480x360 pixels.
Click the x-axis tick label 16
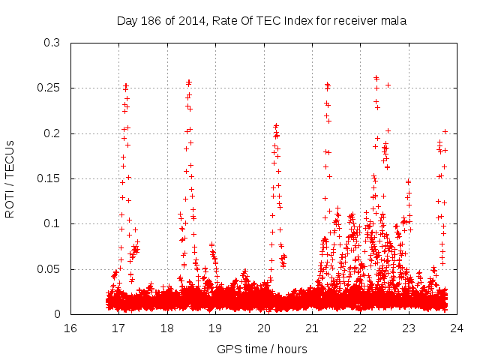coord(70,328)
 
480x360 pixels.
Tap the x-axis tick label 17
coord(118,328)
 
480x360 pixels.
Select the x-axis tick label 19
coord(215,328)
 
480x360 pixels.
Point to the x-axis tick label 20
coord(263,328)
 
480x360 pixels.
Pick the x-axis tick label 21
coord(312,328)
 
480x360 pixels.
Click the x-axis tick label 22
coord(360,328)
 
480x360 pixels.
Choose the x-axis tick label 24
coord(457,328)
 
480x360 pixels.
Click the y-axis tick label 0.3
coord(52,43)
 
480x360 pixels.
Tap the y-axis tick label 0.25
coord(49,88)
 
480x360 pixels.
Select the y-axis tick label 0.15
coord(49,178)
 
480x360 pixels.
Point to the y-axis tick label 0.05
coord(49,269)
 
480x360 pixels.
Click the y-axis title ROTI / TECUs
coord(10,178)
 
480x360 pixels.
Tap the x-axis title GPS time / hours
coord(262,349)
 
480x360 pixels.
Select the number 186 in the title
coord(151,21)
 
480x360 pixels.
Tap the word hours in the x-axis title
coord(292,349)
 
